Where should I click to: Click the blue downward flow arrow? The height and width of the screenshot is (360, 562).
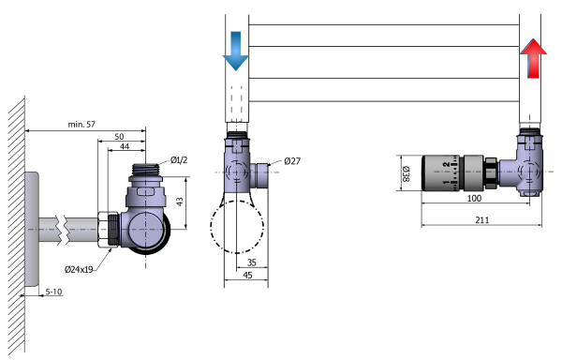click(x=235, y=52)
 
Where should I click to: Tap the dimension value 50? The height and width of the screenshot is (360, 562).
click(x=120, y=136)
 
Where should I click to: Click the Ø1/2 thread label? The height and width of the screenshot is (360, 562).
click(x=180, y=158)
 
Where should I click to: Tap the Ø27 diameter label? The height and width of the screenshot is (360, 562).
click(x=293, y=160)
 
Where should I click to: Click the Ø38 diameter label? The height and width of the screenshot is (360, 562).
click(x=405, y=173)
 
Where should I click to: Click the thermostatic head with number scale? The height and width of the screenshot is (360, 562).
click(x=450, y=173)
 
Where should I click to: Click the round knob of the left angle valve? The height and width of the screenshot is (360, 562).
click(x=150, y=230)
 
